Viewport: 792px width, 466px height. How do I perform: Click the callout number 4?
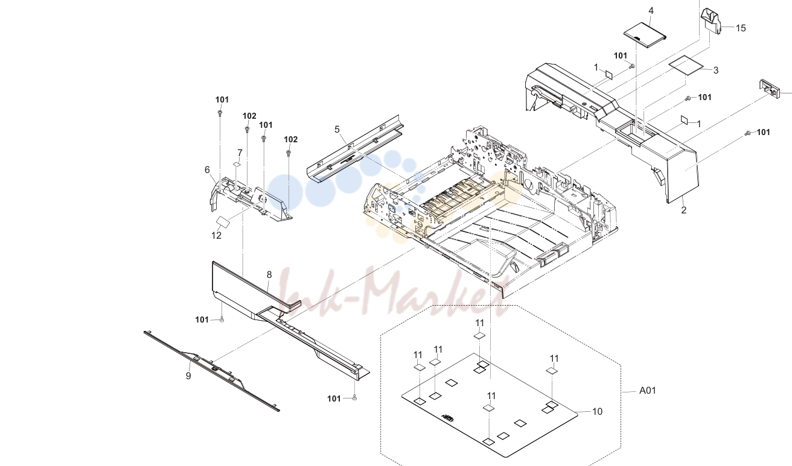click(x=651, y=11)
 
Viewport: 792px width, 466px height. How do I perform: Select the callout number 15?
click(x=741, y=28)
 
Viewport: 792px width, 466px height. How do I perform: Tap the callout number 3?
click(x=716, y=71)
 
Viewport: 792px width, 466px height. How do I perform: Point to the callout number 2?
click(x=683, y=210)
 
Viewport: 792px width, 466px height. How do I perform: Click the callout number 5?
click(x=337, y=130)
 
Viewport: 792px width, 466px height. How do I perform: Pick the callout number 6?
click(x=207, y=170)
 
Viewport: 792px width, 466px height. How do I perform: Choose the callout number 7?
click(x=240, y=153)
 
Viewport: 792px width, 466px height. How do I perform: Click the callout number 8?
click(x=269, y=274)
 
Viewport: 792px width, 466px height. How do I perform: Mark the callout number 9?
click(x=188, y=376)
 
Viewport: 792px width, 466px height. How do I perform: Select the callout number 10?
click(x=597, y=412)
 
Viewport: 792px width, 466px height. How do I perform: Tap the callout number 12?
click(x=216, y=236)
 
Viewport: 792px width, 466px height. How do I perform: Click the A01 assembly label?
click(x=647, y=391)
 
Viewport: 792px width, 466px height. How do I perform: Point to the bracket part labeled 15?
click(x=711, y=21)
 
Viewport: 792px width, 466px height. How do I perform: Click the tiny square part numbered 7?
click(x=237, y=164)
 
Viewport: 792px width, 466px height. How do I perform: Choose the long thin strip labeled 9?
click(x=211, y=371)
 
